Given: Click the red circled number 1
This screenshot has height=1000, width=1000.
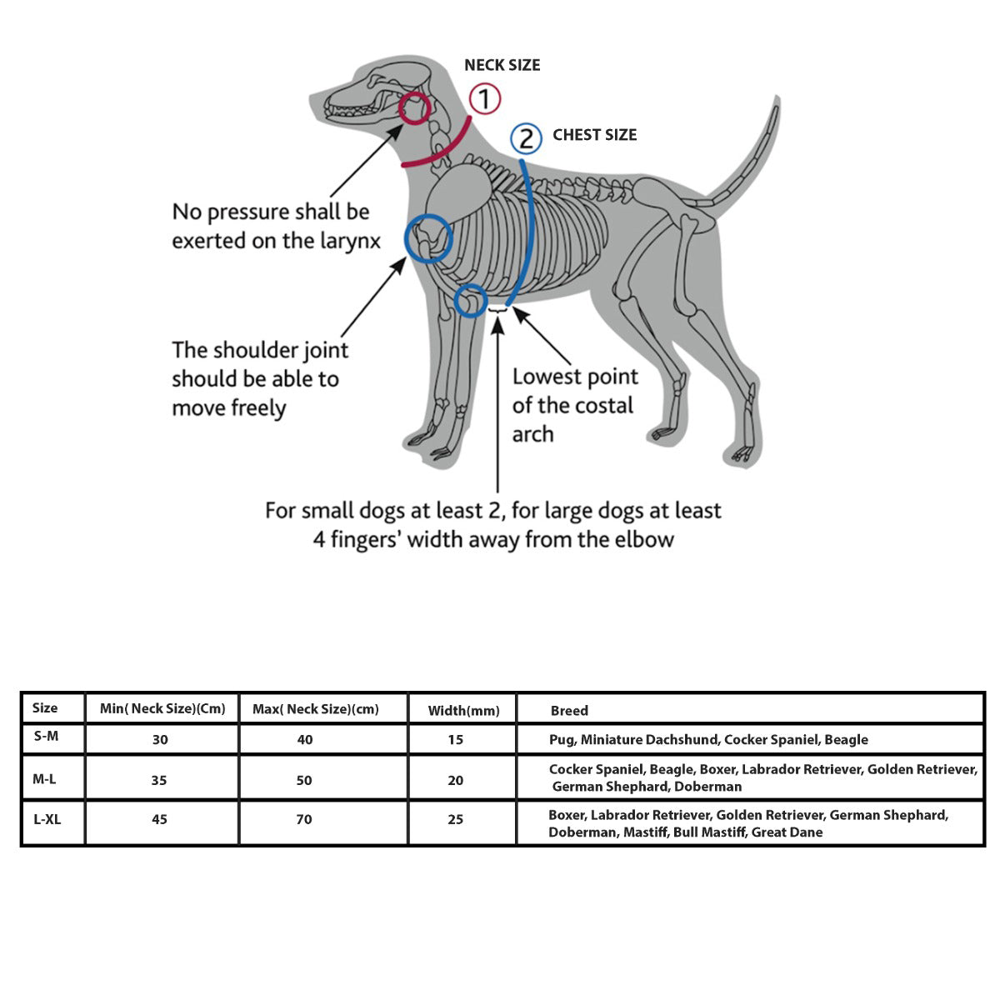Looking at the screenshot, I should coord(485,99).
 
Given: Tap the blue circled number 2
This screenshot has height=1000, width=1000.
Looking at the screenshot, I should coord(526,137).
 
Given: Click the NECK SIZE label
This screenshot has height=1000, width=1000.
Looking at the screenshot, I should coord(502,65).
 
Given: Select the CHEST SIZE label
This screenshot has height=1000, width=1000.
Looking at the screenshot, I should coord(594,135).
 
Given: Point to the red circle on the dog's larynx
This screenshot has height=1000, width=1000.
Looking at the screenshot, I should coord(415,108).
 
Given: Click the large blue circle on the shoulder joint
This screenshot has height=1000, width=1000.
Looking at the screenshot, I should coord(428,238).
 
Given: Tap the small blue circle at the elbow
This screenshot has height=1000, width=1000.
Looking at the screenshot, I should coord(472,301).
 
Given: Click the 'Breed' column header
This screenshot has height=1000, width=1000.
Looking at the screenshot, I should coord(569,711).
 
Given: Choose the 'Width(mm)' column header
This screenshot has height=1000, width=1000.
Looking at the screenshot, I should coord(463,711).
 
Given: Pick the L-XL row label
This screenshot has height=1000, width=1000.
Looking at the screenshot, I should coord(47,819).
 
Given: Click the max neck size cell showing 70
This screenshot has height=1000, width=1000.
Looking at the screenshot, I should coord(304,819).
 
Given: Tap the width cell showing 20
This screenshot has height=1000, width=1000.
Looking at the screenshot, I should coord(455,780).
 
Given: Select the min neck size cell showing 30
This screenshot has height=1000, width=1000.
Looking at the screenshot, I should coord(160,739).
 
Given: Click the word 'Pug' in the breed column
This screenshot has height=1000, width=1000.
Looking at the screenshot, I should coord(562,739).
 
